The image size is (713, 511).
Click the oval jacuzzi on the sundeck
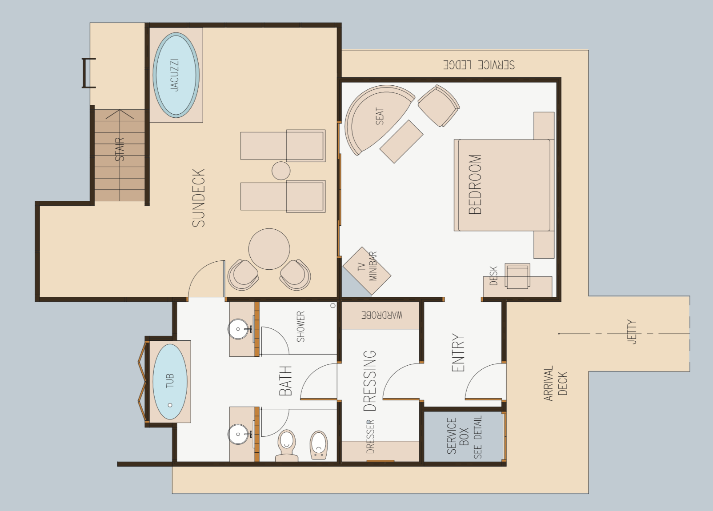tap(176, 75)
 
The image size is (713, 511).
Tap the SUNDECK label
tap(199, 198)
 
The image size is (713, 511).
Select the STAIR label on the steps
tap(120, 149)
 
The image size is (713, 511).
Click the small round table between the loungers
tap(281, 171)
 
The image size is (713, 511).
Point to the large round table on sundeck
tap(269, 249)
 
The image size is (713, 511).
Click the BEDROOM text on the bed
tap(475, 184)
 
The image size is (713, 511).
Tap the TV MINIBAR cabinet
tap(367, 271)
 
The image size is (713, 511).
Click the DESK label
tap(493, 275)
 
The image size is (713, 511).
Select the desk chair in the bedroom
tap(517, 276)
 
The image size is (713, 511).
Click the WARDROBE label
tap(382, 315)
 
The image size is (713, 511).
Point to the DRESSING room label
tap(369, 381)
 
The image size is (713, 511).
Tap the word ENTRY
tap(458, 352)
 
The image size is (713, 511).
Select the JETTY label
tap(632, 332)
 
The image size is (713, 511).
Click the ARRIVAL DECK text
tap(556, 383)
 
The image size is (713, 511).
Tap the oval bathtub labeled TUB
tap(170, 382)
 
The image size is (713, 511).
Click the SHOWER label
tap(301, 327)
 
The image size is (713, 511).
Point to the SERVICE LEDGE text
tap(479, 65)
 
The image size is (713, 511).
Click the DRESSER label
tap(370, 436)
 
